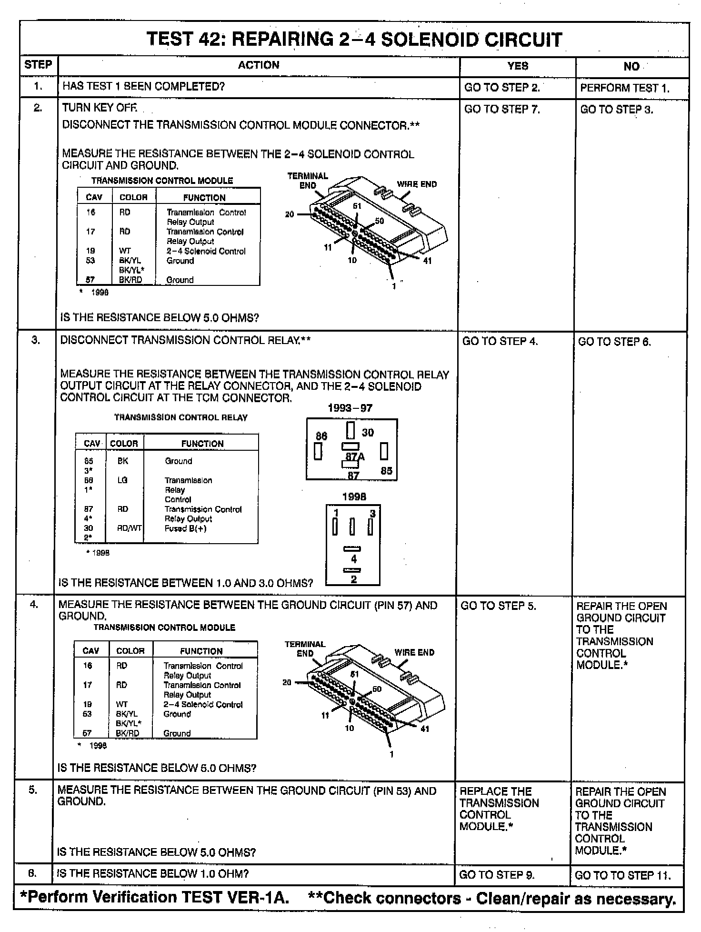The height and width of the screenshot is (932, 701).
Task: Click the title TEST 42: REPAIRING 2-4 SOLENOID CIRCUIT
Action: coord(354,39)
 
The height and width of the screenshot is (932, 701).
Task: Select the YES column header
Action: coord(518,66)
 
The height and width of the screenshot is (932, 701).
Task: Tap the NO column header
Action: coord(631,66)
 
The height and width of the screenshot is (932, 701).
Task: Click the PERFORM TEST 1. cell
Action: coord(625,88)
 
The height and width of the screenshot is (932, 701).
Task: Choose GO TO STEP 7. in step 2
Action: coord(502,110)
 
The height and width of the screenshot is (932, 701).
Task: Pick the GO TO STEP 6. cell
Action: coord(614,342)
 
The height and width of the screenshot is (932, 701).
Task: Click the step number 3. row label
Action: coord(36,340)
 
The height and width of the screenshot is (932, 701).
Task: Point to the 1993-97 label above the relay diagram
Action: coord(350,408)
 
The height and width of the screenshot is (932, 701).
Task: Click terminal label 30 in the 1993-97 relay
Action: coord(368,432)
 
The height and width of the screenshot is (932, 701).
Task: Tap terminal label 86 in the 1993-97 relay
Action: coord(321,436)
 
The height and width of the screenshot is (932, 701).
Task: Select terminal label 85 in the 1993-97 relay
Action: coord(386,471)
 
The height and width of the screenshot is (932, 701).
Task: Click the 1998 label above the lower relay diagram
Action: coord(354,496)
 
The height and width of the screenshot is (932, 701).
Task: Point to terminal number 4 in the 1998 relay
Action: coord(353,559)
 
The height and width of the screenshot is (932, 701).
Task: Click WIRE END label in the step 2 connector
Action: coord(417,184)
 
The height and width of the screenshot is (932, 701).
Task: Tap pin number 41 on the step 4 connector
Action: coord(425,729)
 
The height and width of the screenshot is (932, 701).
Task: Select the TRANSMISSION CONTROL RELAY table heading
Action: coord(181,417)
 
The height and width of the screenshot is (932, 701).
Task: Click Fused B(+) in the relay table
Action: coord(185,528)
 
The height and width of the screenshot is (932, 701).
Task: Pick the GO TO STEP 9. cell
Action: coord(497,875)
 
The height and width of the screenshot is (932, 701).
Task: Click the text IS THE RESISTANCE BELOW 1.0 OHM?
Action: coord(152,873)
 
